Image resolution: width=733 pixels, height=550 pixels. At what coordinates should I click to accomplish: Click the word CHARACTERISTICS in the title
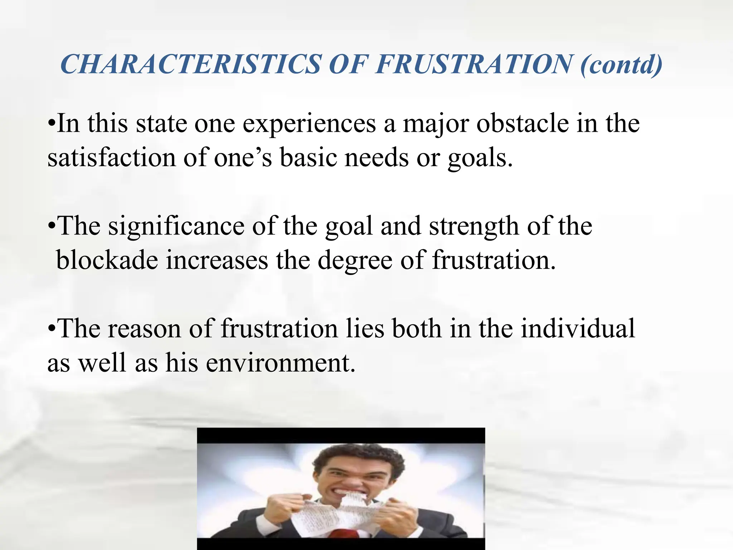190,64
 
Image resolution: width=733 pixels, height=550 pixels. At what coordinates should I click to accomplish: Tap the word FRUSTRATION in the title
474,64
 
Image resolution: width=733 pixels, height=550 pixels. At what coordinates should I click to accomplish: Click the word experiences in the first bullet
309,124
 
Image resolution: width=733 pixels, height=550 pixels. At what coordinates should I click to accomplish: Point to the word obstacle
523,124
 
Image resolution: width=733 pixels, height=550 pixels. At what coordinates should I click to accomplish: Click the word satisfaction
112,158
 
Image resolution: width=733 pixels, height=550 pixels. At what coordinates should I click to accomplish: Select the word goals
480,158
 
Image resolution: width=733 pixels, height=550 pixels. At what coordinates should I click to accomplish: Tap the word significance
176,226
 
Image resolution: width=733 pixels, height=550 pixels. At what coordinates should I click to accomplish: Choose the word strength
474,226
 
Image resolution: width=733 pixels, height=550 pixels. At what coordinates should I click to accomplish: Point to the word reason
144,329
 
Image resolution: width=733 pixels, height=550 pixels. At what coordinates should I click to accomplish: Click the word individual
578,328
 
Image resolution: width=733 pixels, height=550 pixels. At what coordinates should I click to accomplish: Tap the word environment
281,363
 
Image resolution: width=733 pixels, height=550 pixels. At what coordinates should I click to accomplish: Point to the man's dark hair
354,457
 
